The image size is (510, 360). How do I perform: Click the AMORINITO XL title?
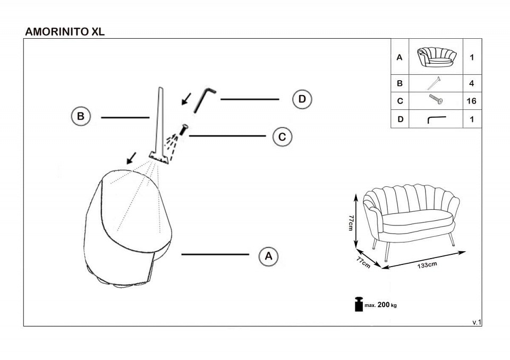pos(65,31)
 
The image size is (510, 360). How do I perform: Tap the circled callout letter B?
pos(81,116)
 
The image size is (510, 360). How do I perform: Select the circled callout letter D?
pos(302,99)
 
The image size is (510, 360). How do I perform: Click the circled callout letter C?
pos(282,136)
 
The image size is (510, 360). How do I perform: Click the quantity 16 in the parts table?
pos(471,101)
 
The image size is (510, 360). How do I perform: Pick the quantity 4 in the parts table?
pos(471,83)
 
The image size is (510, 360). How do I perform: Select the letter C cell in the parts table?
pos(399,101)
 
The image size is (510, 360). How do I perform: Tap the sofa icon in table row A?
pos(436,57)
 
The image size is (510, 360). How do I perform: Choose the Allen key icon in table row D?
pos(436,119)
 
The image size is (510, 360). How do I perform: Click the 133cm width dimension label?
pos(428,264)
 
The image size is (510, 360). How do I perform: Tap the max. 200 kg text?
pos(380,305)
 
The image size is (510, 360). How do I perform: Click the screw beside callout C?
pos(184,130)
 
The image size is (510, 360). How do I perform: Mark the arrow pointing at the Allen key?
pos(186,98)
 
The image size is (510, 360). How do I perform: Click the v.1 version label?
pos(476,322)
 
